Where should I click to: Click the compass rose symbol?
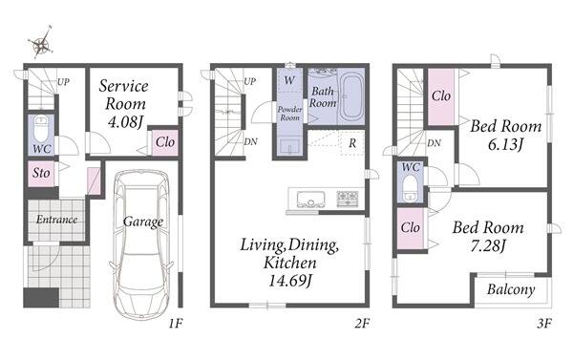[41, 43]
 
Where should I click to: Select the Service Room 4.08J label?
[124, 104]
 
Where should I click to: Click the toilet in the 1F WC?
[41, 129]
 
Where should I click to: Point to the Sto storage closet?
[41, 173]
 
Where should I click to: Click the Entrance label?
[56, 220]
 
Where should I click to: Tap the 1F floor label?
[176, 324]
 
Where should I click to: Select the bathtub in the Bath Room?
[351, 96]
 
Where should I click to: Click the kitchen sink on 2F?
[310, 200]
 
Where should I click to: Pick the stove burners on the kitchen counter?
[348, 199]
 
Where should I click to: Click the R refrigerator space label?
[352, 143]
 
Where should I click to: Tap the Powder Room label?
[289, 114]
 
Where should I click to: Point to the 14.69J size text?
[290, 281]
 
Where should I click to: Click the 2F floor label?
[362, 324]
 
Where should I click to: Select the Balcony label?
[511, 290]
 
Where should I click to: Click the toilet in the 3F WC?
[412, 189]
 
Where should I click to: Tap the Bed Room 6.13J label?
[506, 136]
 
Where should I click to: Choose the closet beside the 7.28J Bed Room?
[411, 228]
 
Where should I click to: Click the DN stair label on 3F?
[434, 143]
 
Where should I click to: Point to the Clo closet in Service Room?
[165, 142]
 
